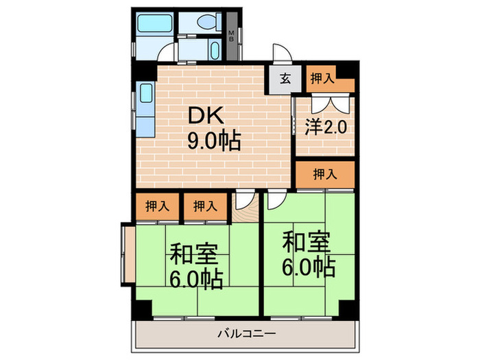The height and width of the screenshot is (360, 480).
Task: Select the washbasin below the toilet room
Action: click(212, 50)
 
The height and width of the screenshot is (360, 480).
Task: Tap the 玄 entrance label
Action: click(285, 78)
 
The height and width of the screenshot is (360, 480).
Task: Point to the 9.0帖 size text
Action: click(213, 141)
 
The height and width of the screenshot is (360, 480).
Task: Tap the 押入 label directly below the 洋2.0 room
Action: click(326, 174)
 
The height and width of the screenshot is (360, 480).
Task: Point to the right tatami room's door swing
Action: click(276, 200)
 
